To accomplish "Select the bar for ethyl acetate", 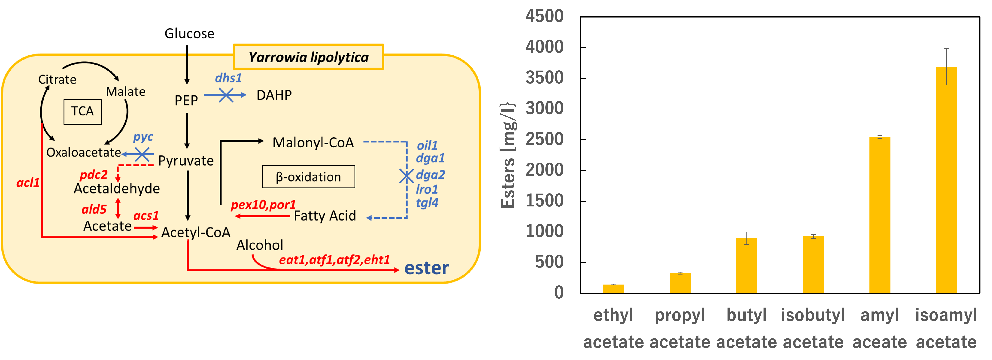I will (613, 289).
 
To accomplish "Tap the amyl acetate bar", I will (880, 215).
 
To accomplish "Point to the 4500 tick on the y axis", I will (544, 16).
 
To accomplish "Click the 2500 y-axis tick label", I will (544, 139).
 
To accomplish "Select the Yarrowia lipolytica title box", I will (309, 57).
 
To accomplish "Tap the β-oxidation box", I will (309, 177).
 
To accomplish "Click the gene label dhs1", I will (228, 78).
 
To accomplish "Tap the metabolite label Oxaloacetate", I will (84, 153).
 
